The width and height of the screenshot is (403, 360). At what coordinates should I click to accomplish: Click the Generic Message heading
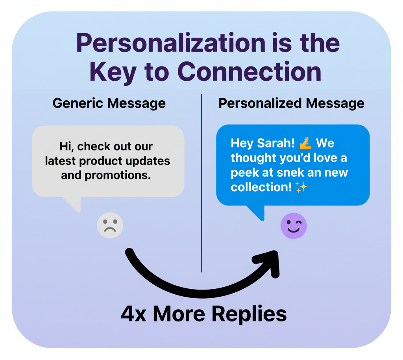point(109,103)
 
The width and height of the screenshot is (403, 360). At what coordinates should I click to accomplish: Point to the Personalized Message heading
point(291,103)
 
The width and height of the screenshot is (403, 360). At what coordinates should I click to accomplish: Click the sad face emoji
point(110,225)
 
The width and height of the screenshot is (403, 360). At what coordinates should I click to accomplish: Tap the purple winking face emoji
point(294,226)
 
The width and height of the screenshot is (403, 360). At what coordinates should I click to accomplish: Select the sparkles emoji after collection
point(301,187)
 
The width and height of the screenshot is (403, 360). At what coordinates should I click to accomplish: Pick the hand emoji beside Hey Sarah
point(305,142)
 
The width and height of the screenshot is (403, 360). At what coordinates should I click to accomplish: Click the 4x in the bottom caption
point(133,314)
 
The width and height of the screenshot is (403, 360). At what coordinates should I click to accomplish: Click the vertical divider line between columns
point(201,181)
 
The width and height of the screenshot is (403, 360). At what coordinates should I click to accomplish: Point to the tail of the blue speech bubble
point(258,212)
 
